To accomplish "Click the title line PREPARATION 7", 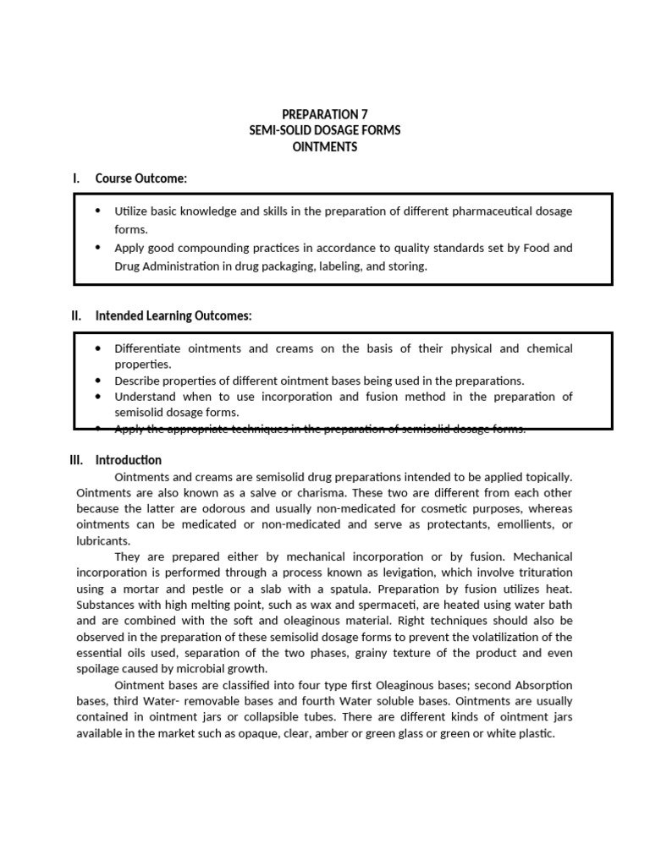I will pos(324,114).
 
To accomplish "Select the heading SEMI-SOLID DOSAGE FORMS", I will pos(324,130).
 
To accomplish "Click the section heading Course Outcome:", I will pos(140,178).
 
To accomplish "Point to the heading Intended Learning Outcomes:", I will pos(174,316).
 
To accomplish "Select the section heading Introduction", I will pos(128,460).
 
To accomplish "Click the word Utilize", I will pos(131,211).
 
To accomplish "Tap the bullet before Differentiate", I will pos(98,348).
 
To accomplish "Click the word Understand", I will pos(144,397).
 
